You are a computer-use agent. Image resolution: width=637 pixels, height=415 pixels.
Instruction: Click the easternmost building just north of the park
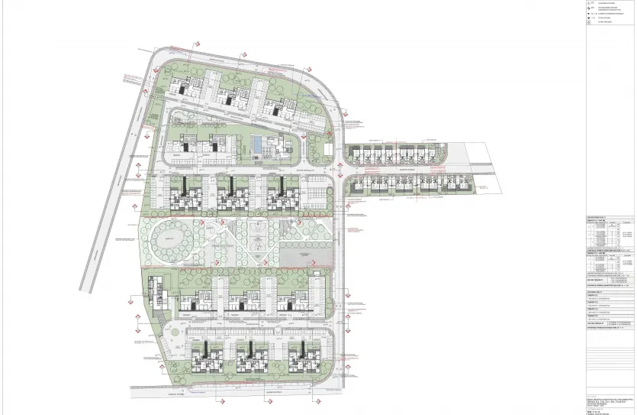click(279, 192)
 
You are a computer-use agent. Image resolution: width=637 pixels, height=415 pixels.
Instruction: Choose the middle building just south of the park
click(243, 298)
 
